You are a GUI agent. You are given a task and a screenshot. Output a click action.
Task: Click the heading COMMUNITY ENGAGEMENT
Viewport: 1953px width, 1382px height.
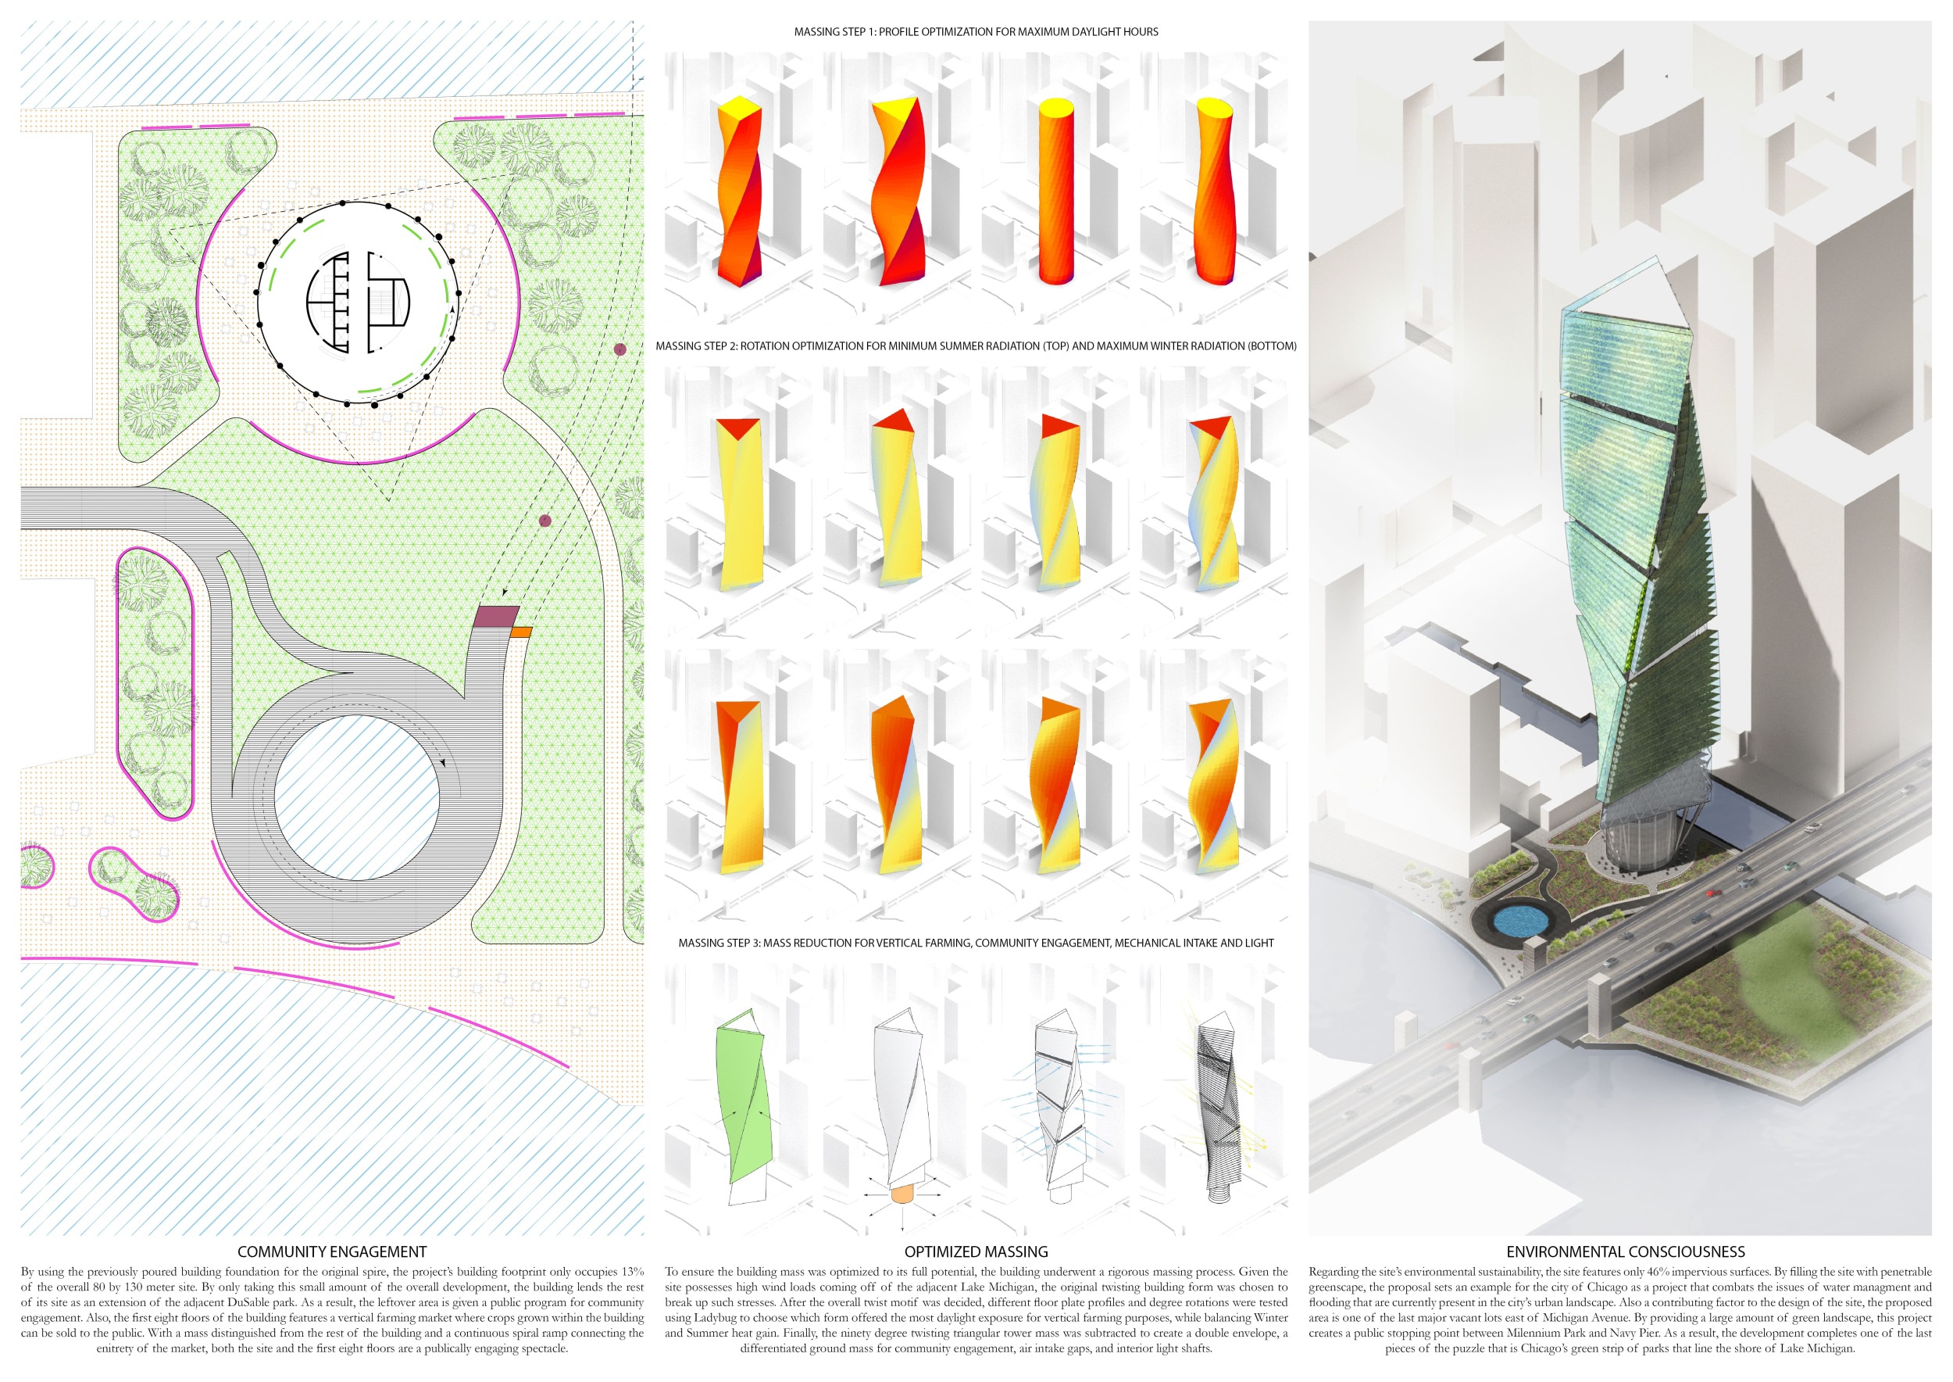(x=332, y=1251)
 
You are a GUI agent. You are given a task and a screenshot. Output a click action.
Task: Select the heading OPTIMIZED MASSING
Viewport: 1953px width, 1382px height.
(x=976, y=1251)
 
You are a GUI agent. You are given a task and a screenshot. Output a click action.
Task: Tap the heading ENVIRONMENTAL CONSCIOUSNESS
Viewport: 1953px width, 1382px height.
(x=1626, y=1251)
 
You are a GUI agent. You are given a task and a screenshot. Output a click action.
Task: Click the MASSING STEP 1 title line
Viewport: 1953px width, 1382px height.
(x=976, y=31)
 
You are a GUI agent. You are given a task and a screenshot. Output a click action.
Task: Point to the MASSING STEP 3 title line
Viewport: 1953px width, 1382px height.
(x=976, y=943)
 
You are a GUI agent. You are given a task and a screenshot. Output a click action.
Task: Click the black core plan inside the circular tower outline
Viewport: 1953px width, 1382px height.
(x=358, y=301)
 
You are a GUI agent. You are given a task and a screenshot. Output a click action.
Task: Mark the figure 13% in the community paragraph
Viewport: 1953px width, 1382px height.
(x=630, y=1273)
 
